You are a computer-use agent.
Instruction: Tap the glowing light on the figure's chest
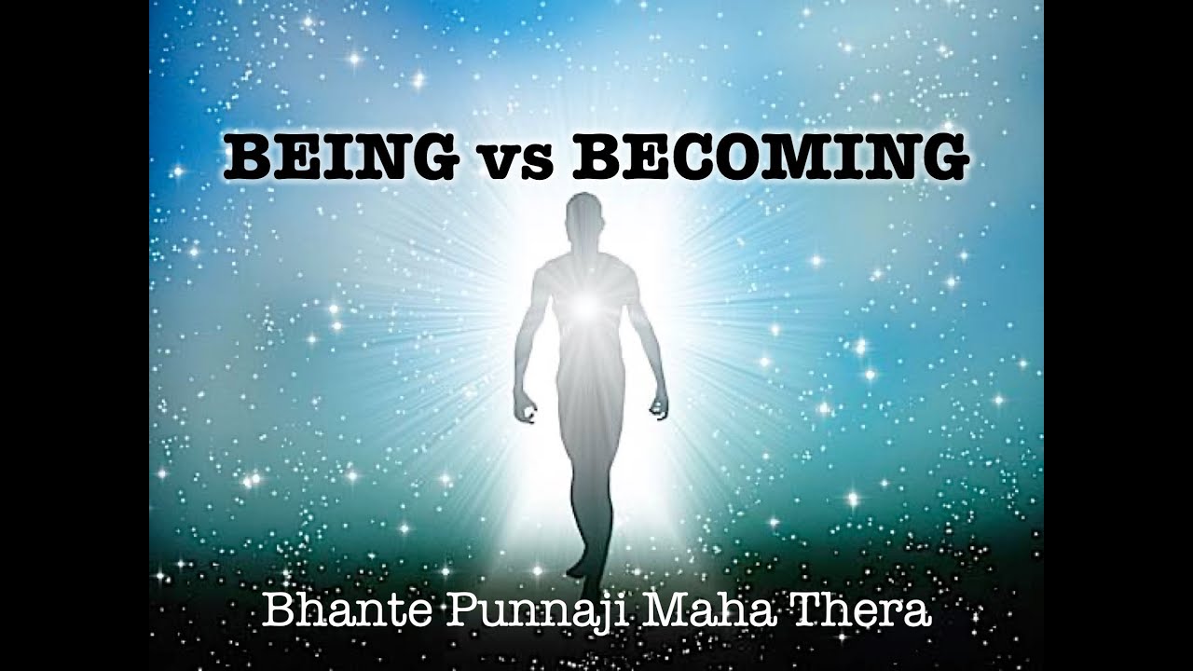point(585,304)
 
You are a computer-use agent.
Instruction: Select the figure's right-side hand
point(658,406)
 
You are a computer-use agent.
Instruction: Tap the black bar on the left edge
point(75,335)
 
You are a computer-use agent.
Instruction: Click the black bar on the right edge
point(1118,335)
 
